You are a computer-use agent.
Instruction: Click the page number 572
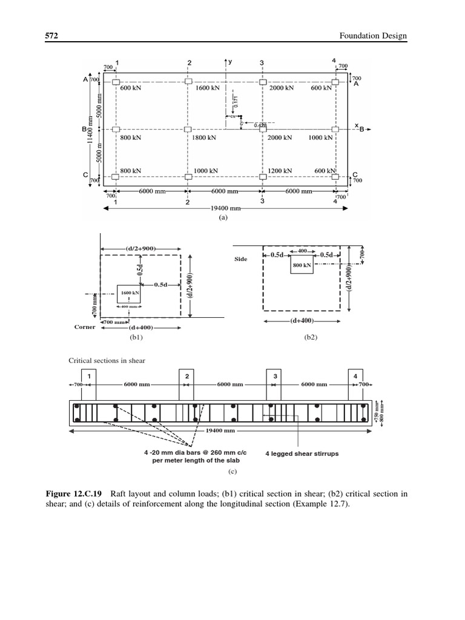(51, 36)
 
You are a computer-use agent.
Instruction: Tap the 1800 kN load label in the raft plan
(207, 137)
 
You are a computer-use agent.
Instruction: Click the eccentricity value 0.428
(260, 125)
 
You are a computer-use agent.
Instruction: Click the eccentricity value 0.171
(236, 102)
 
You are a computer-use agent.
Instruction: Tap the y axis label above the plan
(231, 61)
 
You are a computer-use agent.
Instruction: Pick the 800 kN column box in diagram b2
(302, 265)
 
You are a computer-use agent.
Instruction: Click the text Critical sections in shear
(107, 361)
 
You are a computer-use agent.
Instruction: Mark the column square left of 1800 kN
(188, 130)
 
